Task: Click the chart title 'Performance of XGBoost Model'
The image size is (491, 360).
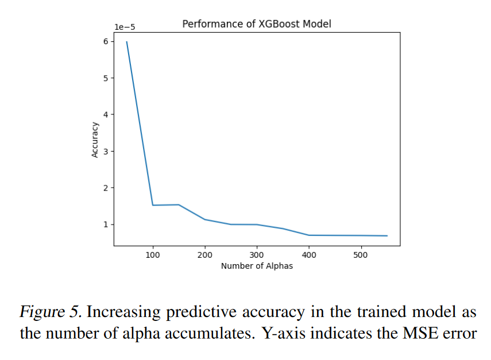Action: coord(257,24)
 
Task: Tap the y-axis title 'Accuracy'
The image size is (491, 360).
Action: coord(95,140)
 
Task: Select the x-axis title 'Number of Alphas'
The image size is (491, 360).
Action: coord(257,266)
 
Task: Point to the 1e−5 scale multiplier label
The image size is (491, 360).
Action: coord(125,26)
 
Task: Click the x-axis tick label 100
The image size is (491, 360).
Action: coord(153,255)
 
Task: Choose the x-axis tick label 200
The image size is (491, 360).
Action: coord(205,255)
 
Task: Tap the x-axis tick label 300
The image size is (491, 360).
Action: coord(257,255)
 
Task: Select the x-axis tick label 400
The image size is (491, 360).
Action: coord(309,255)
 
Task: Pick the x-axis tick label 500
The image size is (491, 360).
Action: coord(361,255)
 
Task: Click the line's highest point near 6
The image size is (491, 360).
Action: coord(127,42)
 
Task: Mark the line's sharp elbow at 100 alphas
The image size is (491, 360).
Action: coord(153,205)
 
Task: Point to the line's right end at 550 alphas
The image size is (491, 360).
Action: coord(387,236)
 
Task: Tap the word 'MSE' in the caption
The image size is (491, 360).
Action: coord(421,333)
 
